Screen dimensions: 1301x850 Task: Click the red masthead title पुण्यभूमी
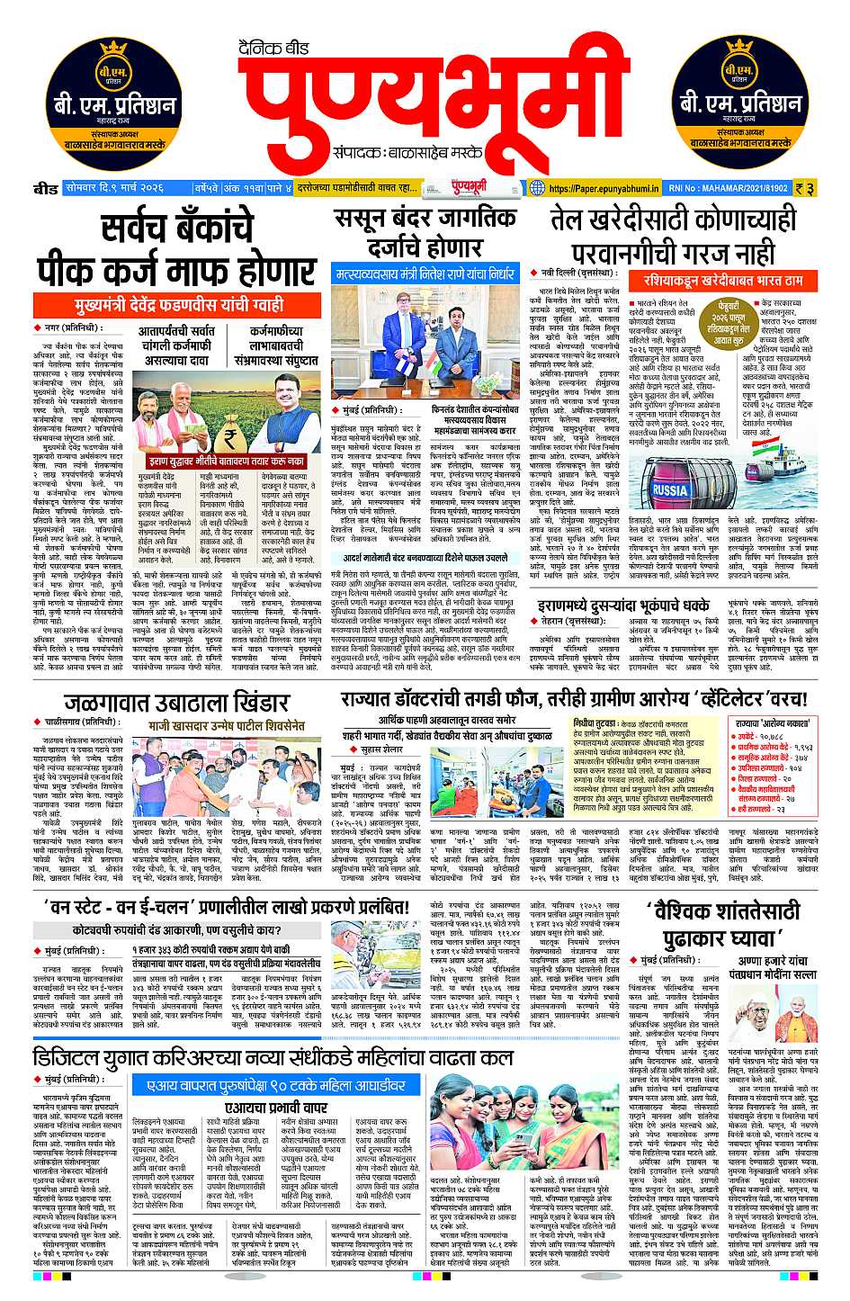pyautogui.click(x=425, y=94)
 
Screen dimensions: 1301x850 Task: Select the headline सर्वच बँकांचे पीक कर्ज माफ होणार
pyautogui.click(x=176, y=249)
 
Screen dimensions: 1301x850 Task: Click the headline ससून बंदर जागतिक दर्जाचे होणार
pyautogui.click(x=425, y=231)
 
